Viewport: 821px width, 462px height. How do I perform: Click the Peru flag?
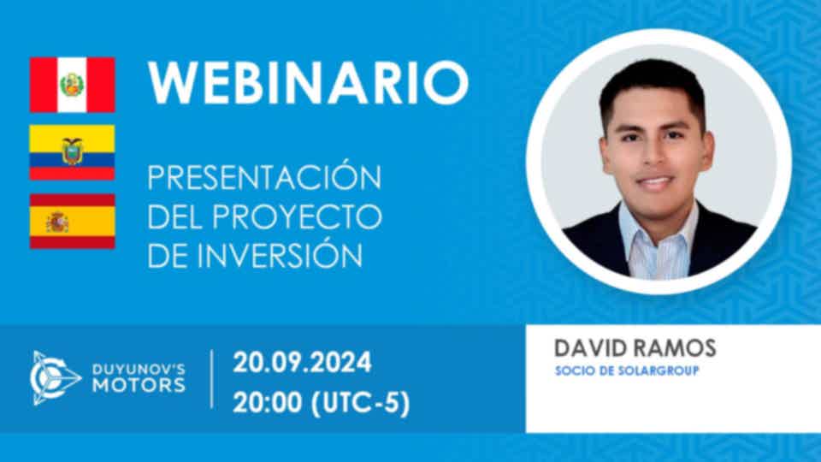click(72, 85)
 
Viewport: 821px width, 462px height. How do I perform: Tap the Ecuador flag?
click(72, 152)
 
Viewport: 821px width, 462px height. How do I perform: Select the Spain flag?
click(72, 221)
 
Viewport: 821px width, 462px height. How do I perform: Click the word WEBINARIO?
click(309, 83)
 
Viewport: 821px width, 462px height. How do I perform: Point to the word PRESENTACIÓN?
click(264, 177)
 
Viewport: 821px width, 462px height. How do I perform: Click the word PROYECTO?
click(297, 216)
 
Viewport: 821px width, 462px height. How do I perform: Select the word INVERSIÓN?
click(281, 255)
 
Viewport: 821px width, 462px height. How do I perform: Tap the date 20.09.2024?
click(302, 363)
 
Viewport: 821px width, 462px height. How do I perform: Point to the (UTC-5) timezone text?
click(361, 404)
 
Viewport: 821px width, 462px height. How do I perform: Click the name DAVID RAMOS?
click(635, 348)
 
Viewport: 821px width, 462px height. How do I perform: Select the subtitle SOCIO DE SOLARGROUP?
click(627, 370)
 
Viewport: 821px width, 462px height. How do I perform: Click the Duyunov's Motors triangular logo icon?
click(55, 378)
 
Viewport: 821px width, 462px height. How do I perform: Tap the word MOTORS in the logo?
click(139, 386)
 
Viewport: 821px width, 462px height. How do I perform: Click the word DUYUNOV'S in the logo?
click(139, 370)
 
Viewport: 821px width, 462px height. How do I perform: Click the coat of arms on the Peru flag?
click(72, 85)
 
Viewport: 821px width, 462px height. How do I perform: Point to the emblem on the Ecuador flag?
click(72, 151)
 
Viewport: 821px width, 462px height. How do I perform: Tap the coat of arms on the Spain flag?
click(57, 222)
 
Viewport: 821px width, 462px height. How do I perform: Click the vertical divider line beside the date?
click(211, 379)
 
